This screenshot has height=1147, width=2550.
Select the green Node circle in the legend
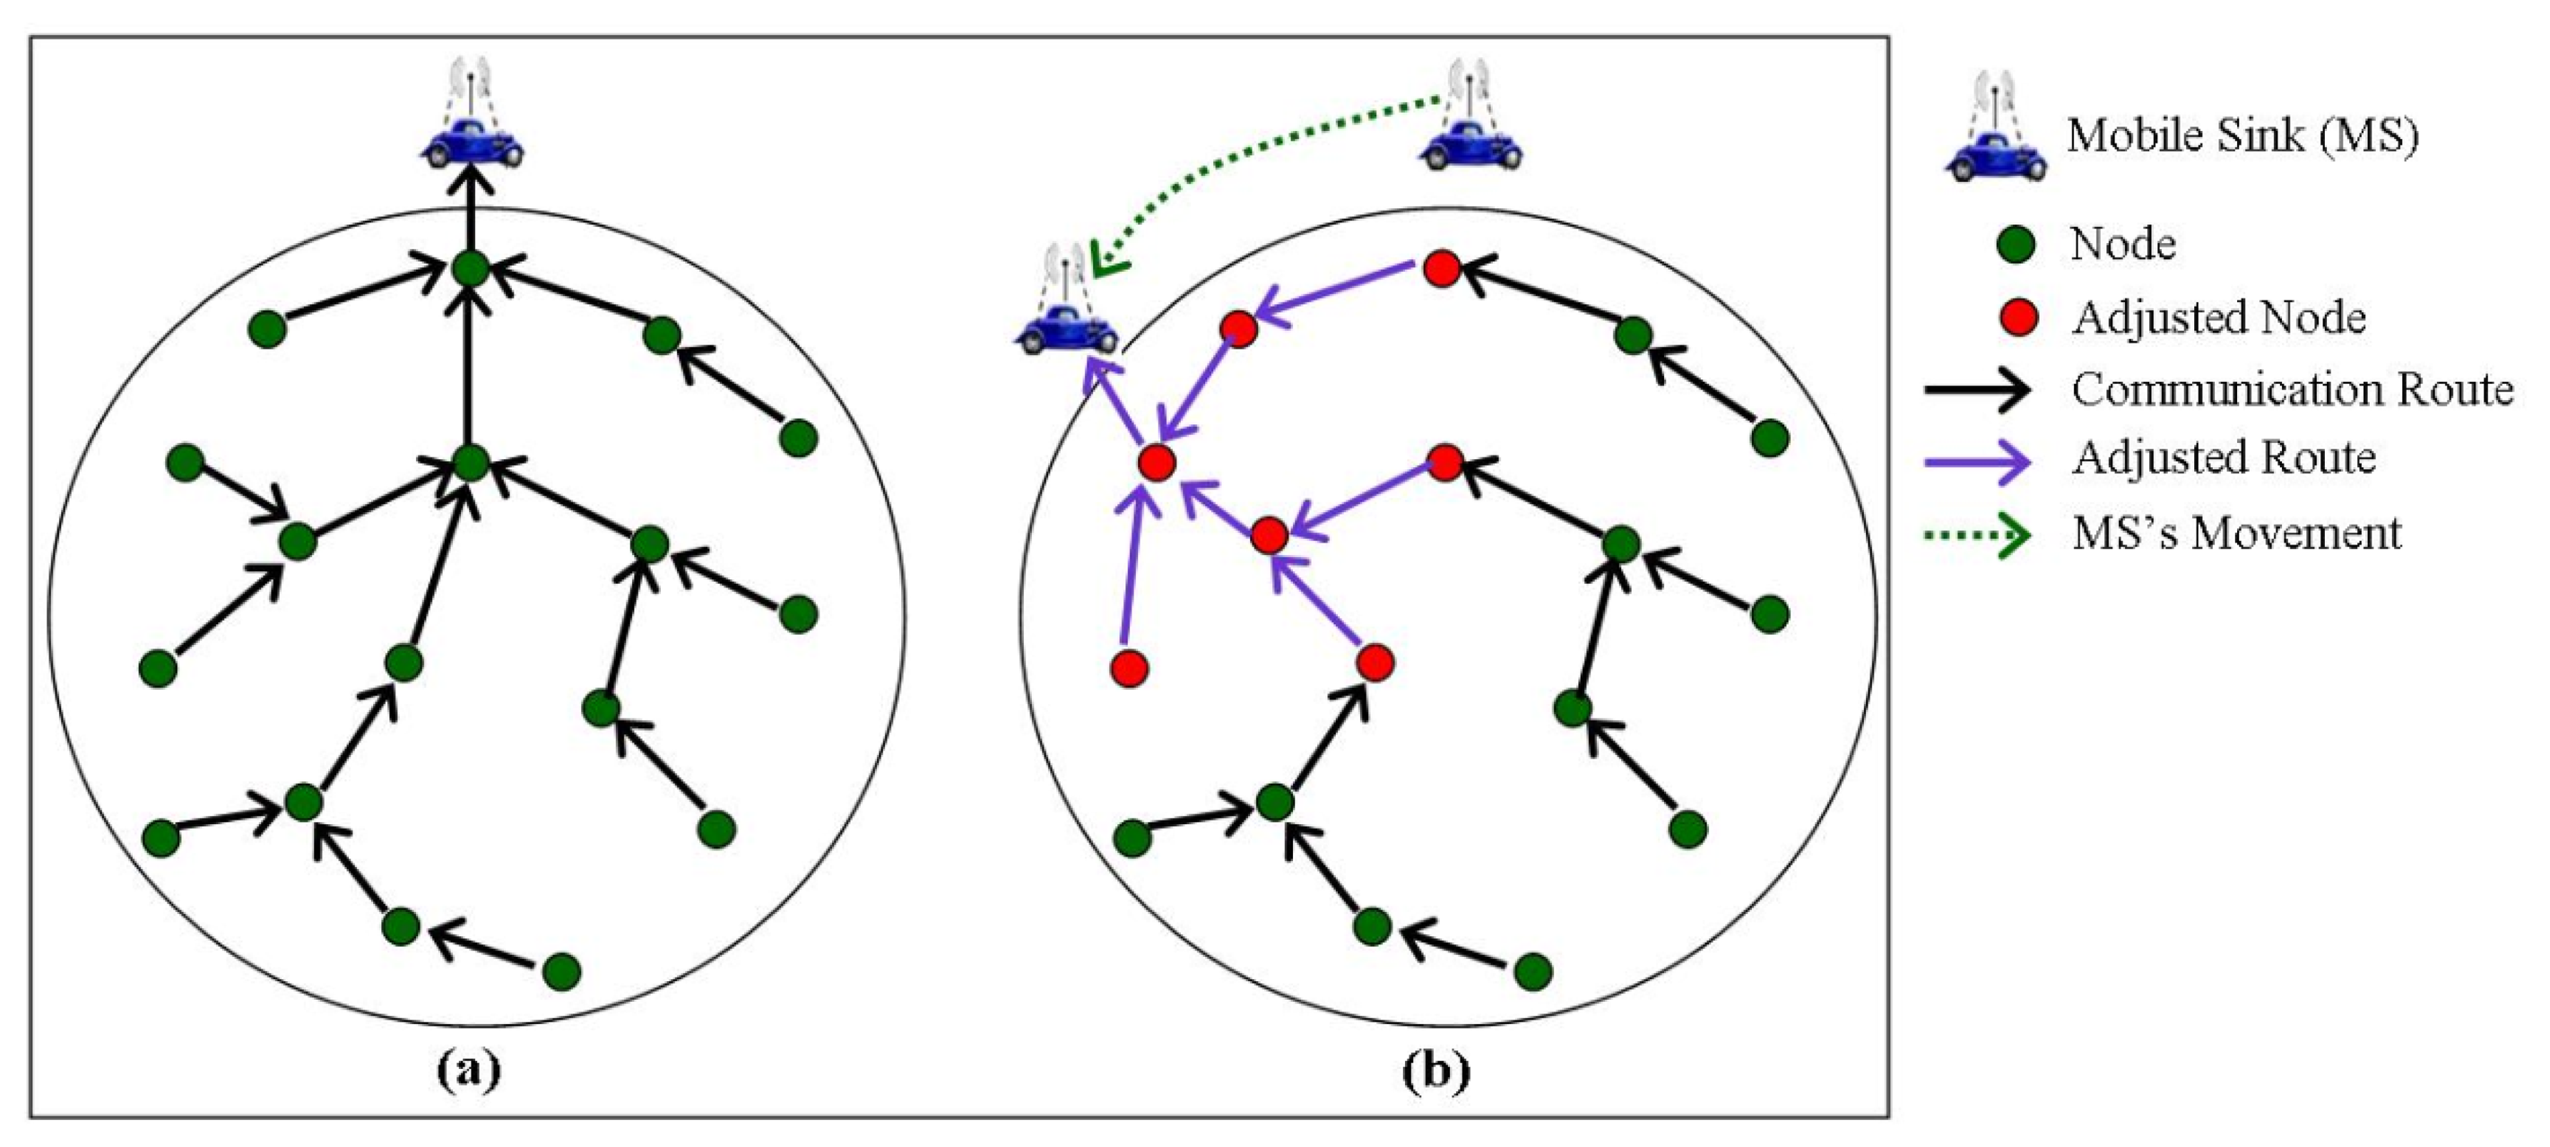tap(2017, 244)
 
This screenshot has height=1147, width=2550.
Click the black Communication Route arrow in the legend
tap(1975, 389)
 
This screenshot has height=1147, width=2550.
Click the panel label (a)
tap(468, 1070)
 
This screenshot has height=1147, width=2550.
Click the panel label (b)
tap(1435, 1070)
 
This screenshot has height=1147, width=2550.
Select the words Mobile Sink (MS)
tap(2242, 135)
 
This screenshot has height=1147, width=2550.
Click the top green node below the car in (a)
tap(470, 268)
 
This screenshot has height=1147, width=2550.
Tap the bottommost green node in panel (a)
tap(561, 972)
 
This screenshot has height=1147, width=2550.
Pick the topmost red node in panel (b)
tap(1441, 268)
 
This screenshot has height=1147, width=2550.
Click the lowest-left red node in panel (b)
tap(1129, 669)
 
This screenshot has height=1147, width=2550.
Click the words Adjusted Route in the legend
tap(2224, 458)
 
